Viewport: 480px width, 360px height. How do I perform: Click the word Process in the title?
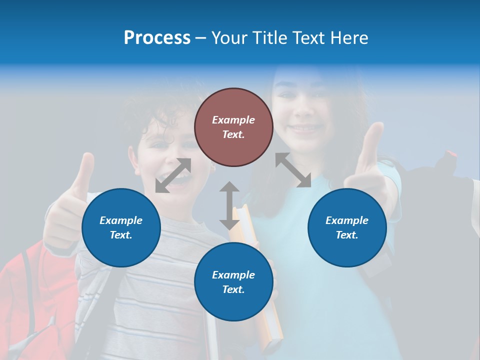(157, 38)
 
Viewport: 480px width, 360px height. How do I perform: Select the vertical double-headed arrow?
(229, 205)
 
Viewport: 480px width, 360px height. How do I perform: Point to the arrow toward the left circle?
(173, 175)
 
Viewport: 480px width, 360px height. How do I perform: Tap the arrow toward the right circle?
(293, 170)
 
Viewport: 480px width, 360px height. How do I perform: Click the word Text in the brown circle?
(233, 134)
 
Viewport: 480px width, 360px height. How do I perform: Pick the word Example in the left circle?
(121, 220)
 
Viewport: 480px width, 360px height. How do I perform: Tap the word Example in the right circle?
(347, 220)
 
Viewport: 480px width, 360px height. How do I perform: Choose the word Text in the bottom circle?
(233, 289)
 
